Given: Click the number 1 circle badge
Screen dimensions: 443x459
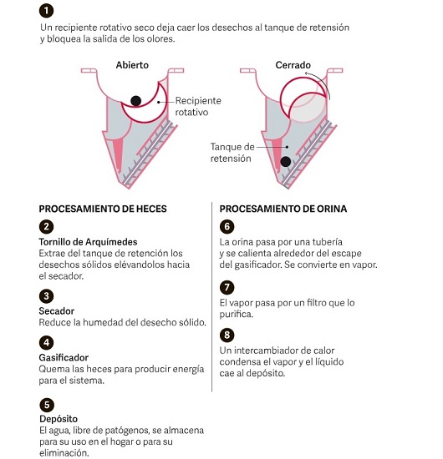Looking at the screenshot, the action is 46,11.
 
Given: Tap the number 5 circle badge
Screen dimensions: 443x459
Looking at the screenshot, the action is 47,405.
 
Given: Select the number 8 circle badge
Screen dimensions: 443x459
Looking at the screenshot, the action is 227,335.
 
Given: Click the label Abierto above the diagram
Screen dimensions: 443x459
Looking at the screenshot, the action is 132,65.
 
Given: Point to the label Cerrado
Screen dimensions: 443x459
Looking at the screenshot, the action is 293,65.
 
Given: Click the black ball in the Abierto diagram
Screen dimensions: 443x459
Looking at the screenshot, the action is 135,101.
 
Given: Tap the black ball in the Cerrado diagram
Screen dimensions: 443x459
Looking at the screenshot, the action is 286,161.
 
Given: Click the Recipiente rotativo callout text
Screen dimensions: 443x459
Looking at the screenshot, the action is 198,106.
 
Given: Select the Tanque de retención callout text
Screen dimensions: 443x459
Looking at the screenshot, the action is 232,153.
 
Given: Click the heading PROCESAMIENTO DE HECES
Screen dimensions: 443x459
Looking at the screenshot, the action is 103,209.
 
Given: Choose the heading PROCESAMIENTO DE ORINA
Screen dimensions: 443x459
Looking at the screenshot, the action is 283,209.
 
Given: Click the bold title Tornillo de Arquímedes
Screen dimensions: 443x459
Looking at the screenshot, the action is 88,242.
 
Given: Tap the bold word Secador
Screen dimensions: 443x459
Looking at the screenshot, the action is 57,311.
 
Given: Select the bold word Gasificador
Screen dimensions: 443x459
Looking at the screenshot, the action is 64,357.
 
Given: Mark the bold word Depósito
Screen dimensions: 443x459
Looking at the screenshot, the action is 59,419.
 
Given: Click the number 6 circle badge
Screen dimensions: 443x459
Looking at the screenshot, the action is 227,226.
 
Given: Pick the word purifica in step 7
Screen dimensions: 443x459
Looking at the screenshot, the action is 236,314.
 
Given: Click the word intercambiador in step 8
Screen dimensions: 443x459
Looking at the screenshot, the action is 266,351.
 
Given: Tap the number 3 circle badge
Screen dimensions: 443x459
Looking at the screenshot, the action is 46,296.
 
